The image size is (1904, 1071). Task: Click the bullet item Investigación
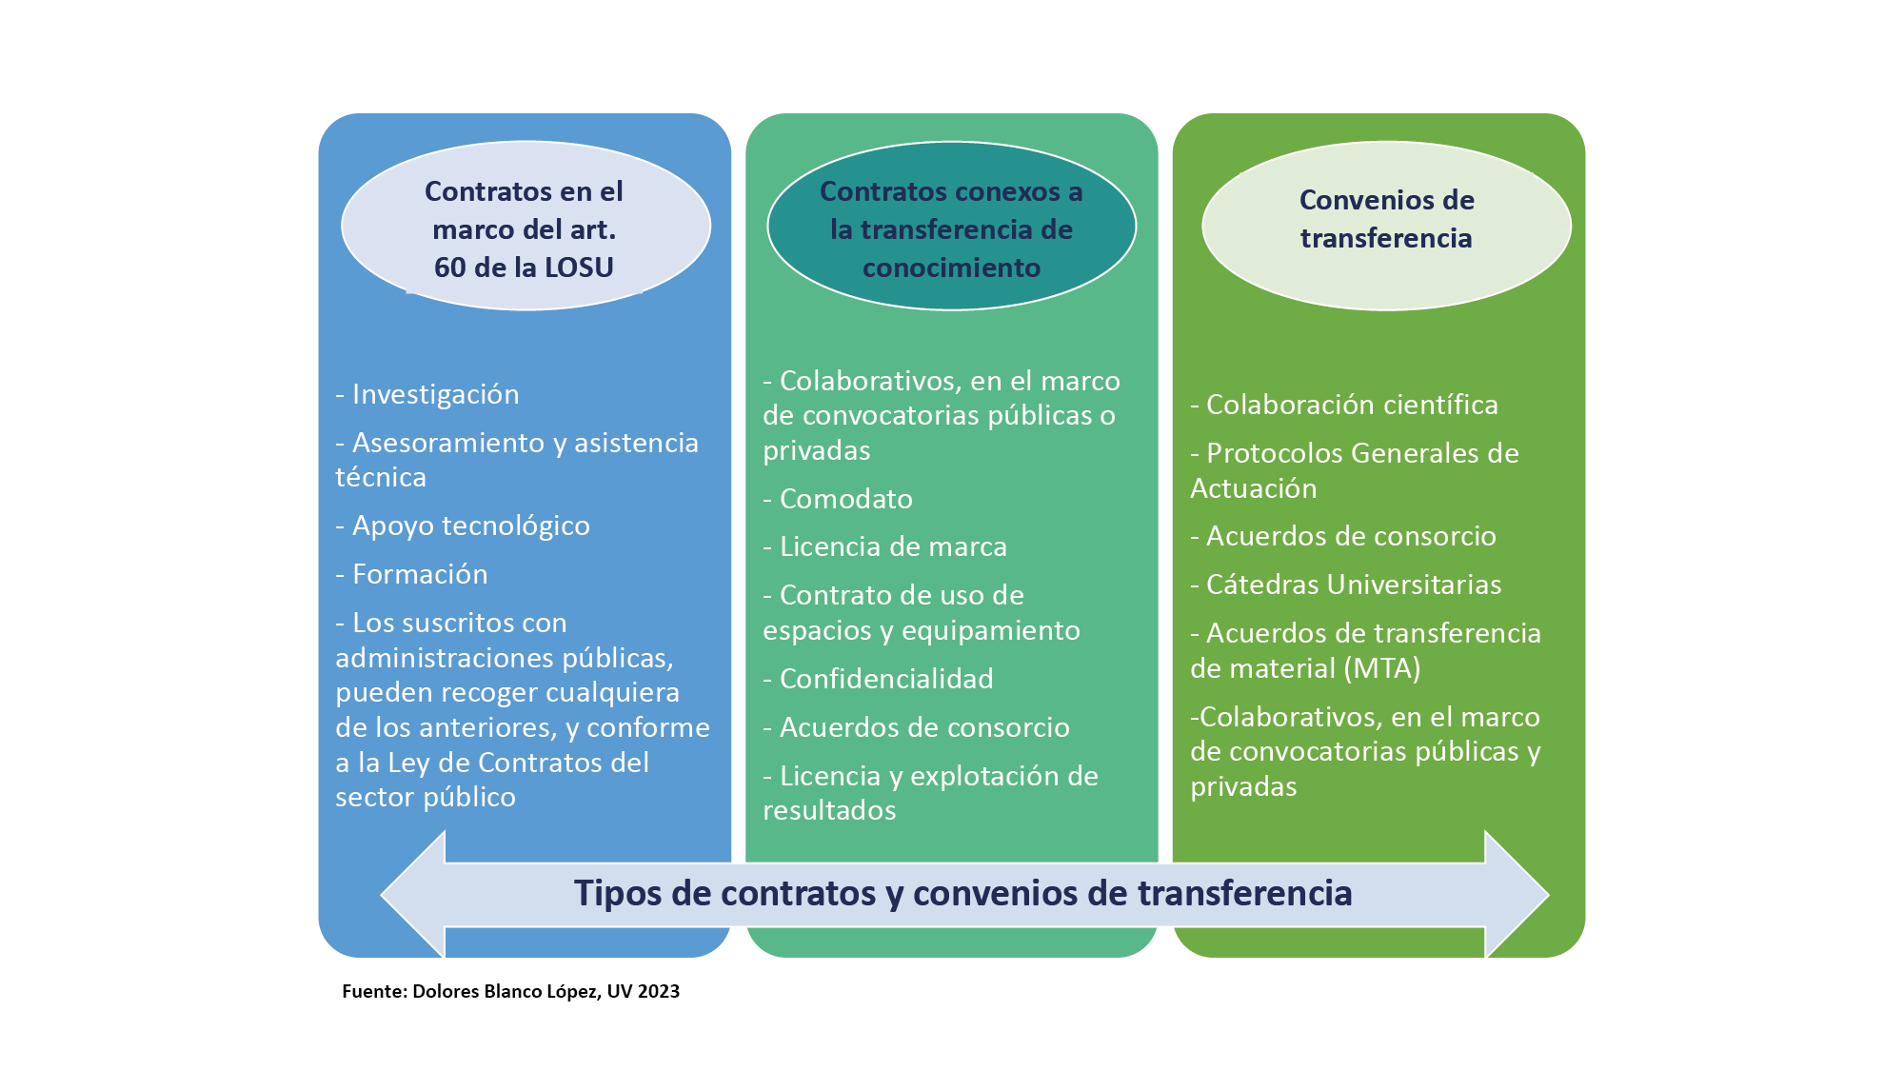(x=427, y=395)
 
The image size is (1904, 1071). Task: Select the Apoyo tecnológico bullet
(x=463, y=526)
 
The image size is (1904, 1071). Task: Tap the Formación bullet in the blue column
(x=411, y=574)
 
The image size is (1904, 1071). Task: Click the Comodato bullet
(x=838, y=499)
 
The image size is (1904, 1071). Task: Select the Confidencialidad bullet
(x=878, y=679)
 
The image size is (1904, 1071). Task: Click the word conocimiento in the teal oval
(x=951, y=268)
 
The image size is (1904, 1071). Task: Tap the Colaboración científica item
(x=1344, y=406)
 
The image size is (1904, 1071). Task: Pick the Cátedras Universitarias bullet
(x=1346, y=585)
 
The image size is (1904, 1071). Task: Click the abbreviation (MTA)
(x=1383, y=668)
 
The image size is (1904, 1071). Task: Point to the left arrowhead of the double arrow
(x=413, y=895)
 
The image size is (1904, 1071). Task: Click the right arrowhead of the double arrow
(x=1517, y=895)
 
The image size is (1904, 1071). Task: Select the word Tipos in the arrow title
(x=619, y=894)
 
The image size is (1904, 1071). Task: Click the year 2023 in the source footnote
(x=659, y=991)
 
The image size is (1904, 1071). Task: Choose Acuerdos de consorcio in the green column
(x=1343, y=537)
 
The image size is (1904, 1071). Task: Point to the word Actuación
(x=1254, y=488)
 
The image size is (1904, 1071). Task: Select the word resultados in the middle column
(x=829, y=811)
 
